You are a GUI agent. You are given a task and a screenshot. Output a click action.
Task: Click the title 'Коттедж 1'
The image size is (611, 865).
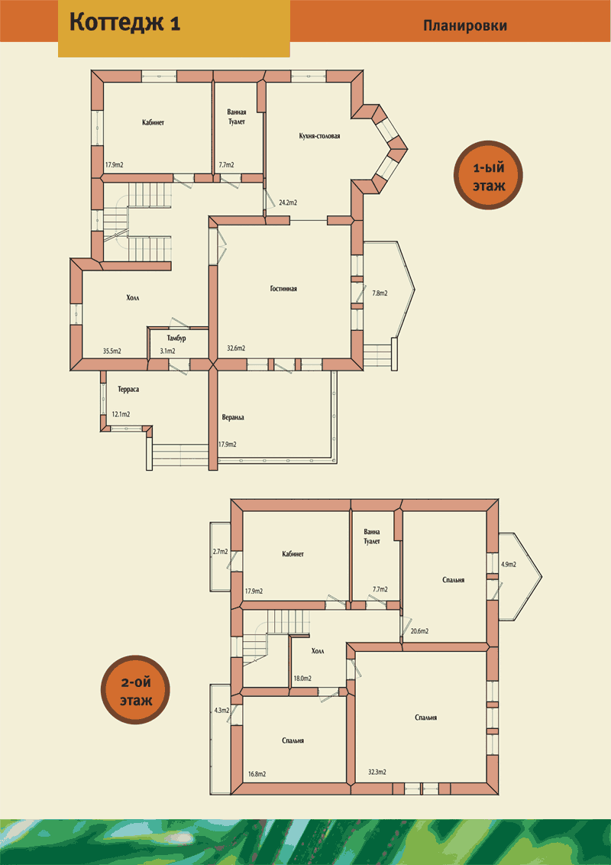(125, 23)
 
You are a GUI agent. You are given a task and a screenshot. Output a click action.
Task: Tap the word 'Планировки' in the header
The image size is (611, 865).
(465, 26)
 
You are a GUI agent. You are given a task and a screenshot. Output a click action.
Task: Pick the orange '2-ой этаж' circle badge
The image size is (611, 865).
(135, 689)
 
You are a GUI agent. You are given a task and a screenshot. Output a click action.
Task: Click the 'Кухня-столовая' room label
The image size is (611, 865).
(319, 136)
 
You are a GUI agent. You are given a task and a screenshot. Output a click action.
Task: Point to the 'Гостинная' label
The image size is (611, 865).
(283, 289)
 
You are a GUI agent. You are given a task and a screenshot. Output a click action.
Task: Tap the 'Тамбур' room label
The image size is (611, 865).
(176, 339)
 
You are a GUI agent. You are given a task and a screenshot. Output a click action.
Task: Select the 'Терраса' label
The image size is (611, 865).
(128, 390)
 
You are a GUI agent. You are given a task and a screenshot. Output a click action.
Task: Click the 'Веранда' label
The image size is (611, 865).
(232, 418)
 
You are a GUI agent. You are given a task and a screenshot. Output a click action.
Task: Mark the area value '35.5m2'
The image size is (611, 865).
(112, 351)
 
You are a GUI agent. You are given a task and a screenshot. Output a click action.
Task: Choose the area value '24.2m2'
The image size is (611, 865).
(288, 203)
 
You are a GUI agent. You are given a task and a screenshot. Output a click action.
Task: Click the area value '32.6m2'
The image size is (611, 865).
(236, 348)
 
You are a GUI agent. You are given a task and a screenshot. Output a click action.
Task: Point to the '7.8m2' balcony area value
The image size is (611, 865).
(380, 293)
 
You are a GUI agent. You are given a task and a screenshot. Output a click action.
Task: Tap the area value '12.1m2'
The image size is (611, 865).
(121, 414)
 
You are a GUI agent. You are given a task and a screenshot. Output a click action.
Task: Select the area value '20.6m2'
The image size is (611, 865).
(419, 631)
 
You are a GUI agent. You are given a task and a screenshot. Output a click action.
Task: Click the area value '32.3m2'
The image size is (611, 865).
(377, 773)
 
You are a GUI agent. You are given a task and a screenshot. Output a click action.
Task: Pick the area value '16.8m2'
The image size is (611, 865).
(257, 774)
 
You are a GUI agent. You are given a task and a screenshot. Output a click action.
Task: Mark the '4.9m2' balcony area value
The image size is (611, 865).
(509, 565)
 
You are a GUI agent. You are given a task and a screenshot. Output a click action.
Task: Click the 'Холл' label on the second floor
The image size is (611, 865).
(318, 652)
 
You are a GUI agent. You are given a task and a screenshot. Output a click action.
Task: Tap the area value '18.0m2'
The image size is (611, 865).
(302, 679)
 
